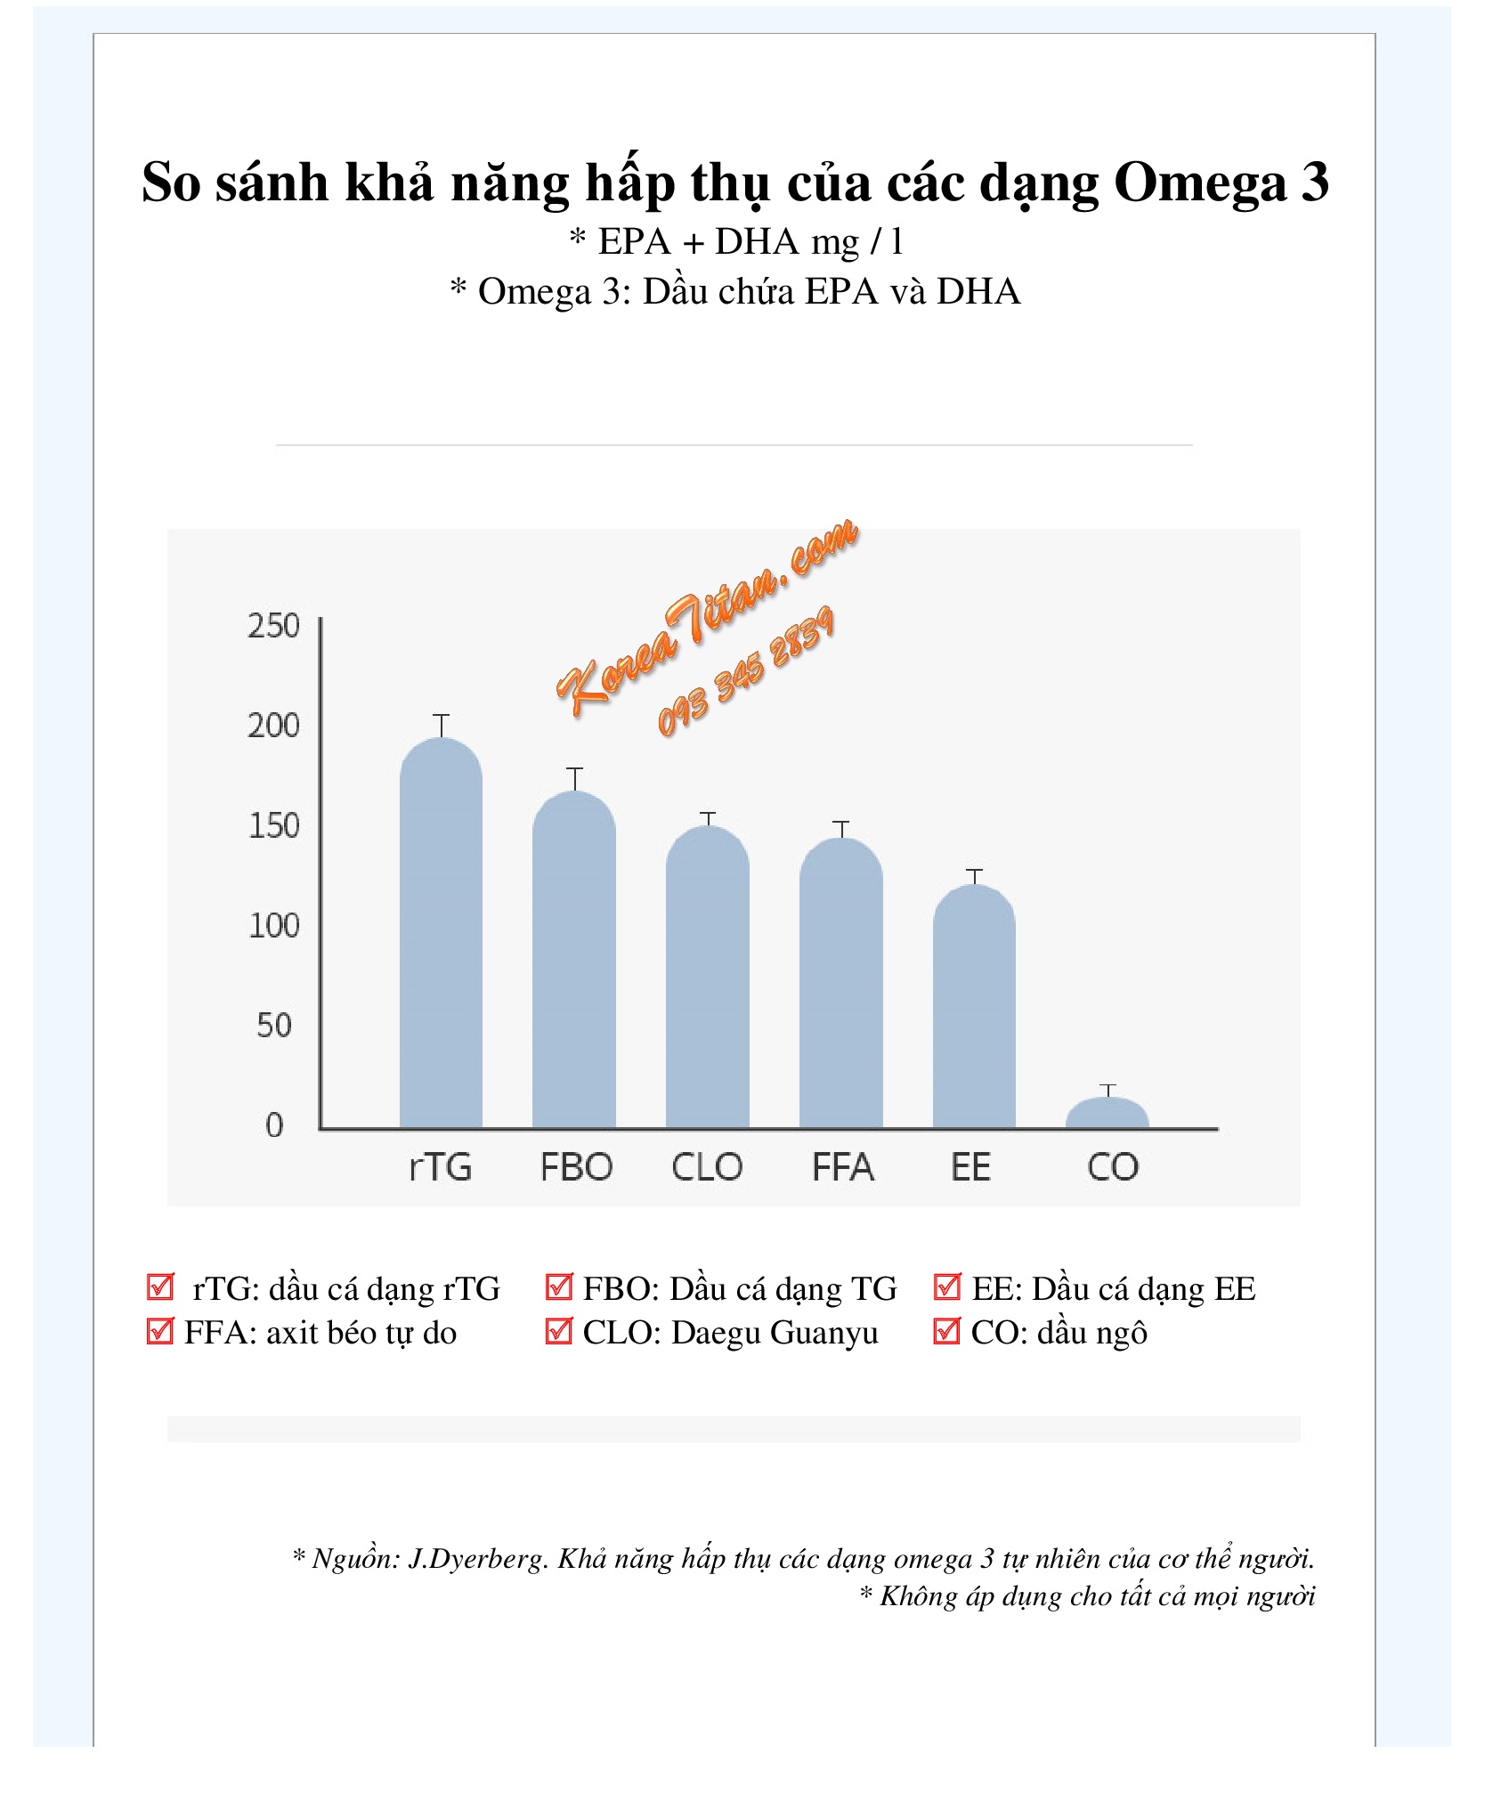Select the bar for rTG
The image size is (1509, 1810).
(x=441, y=935)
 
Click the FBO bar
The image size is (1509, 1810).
(x=574, y=962)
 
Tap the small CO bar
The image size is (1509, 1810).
(x=1107, y=1114)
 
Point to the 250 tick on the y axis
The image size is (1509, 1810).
(x=273, y=626)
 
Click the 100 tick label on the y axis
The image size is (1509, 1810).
(x=273, y=926)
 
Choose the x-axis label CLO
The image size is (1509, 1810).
(x=707, y=1167)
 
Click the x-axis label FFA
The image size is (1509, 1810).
(x=842, y=1167)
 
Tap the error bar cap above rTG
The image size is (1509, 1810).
(x=441, y=715)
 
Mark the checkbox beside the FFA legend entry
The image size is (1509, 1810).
(x=160, y=1331)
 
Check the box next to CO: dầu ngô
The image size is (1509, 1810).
(x=946, y=1331)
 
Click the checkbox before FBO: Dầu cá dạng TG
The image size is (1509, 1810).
(x=558, y=1286)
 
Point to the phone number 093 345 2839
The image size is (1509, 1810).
(x=746, y=672)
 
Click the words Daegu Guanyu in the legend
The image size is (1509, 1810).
(x=775, y=1333)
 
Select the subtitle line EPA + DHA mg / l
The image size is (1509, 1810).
(x=736, y=241)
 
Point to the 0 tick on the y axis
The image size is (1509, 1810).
(x=274, y=1125)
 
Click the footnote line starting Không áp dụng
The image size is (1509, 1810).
(x=1088, y=1595)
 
